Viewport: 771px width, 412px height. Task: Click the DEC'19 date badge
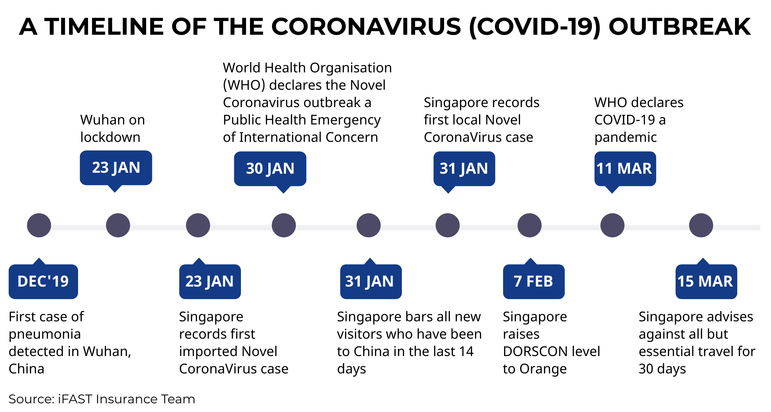coord(43,281)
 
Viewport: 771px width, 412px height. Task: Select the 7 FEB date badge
coord(534,281)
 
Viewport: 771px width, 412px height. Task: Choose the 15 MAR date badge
coord(706,281)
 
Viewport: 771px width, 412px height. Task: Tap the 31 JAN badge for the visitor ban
coord(371,281)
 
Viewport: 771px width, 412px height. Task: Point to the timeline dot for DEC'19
coord(39,225)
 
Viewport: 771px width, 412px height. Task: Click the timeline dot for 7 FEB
coord(529,225)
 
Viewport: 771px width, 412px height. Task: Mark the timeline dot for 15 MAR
coord(701,225)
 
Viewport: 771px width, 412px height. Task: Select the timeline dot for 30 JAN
coord(284,225)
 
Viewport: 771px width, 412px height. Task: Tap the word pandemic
coord(625,138)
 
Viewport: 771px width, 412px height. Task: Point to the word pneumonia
coord(45,334)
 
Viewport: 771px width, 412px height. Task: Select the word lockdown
coord(110,137)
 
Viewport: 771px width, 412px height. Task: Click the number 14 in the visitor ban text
coord(466,352)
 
